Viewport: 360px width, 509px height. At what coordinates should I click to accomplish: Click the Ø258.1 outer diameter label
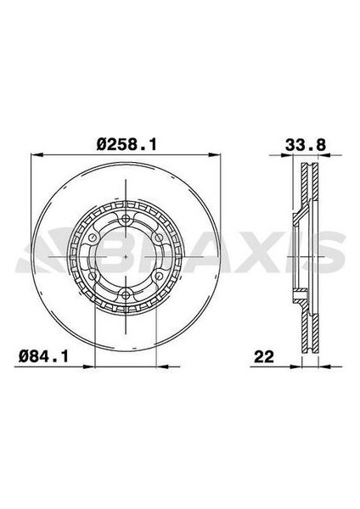pyautogui.click(x=127, y=145)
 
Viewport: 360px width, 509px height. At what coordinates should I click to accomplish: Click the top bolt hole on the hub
pyautogui.click(x=125, y=222)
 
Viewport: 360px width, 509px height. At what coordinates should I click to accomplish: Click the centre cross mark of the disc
pyautogui.click(x=125, y=258)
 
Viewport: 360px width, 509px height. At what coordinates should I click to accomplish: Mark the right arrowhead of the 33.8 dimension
pyautogui.click(x=319, y=155)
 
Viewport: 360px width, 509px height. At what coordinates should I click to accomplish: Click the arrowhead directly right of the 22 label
pyautogui.click(x=301, y=365)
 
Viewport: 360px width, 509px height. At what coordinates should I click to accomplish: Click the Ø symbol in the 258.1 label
pyautogui.click(x=102, y=145)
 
